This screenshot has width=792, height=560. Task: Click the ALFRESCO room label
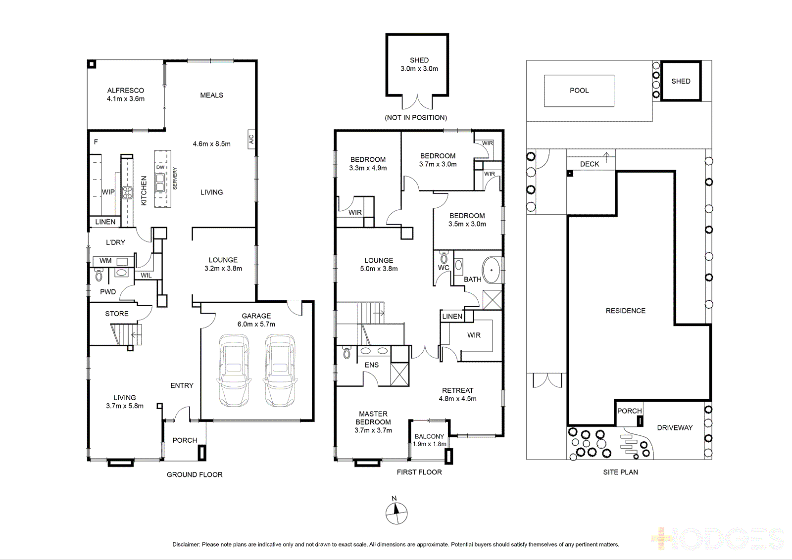click(126, 91)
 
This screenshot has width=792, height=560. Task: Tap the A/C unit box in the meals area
click(251, 139)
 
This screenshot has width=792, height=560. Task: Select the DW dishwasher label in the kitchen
click(160, 167)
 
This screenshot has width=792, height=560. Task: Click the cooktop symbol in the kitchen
click(127, 193)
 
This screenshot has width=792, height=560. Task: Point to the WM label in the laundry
click(105, 261)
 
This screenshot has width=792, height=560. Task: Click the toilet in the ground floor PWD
click(99, 274)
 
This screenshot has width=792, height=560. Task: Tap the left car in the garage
click(234, 371)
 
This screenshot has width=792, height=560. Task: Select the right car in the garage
click(280, 371)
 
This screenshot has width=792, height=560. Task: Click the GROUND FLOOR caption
click(195, 474)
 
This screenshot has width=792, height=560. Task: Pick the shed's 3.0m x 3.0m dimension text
click(419, 69)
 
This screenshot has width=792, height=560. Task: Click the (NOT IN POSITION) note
click(416, 117)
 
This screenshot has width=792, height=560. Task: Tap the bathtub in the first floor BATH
click(492, 271)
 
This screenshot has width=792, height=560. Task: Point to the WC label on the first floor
click(444, 268)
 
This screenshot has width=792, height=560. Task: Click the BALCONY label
click(429, 436)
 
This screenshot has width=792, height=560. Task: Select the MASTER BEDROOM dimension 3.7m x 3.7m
click(373, 430)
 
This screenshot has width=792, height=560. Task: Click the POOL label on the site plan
click(579, 91)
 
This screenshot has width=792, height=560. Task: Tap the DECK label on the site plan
click(590, 164)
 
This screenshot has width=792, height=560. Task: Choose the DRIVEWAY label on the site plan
click(675, 427)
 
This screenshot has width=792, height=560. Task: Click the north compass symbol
click(396, 513)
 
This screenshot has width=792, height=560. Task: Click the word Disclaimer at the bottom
click(186, 545)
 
